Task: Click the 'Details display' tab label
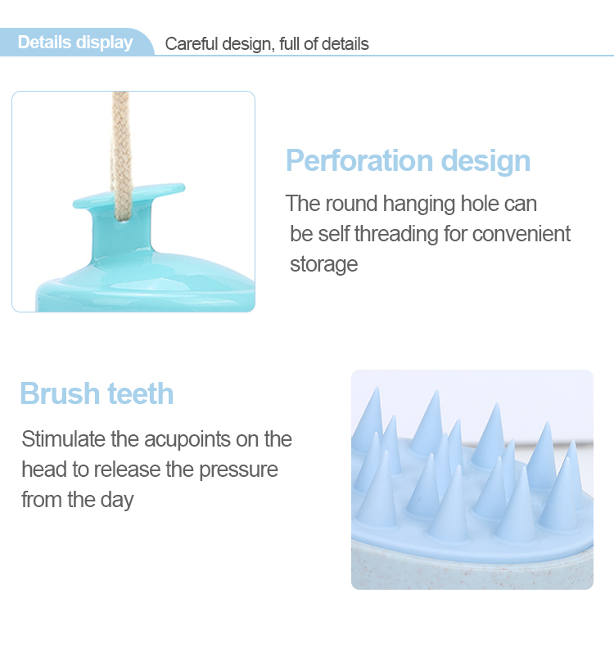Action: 75,43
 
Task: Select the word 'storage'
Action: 324,264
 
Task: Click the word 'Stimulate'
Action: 63,439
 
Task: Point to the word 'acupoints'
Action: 172,439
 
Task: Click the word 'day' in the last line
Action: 116,500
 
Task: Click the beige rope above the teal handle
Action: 120,139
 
